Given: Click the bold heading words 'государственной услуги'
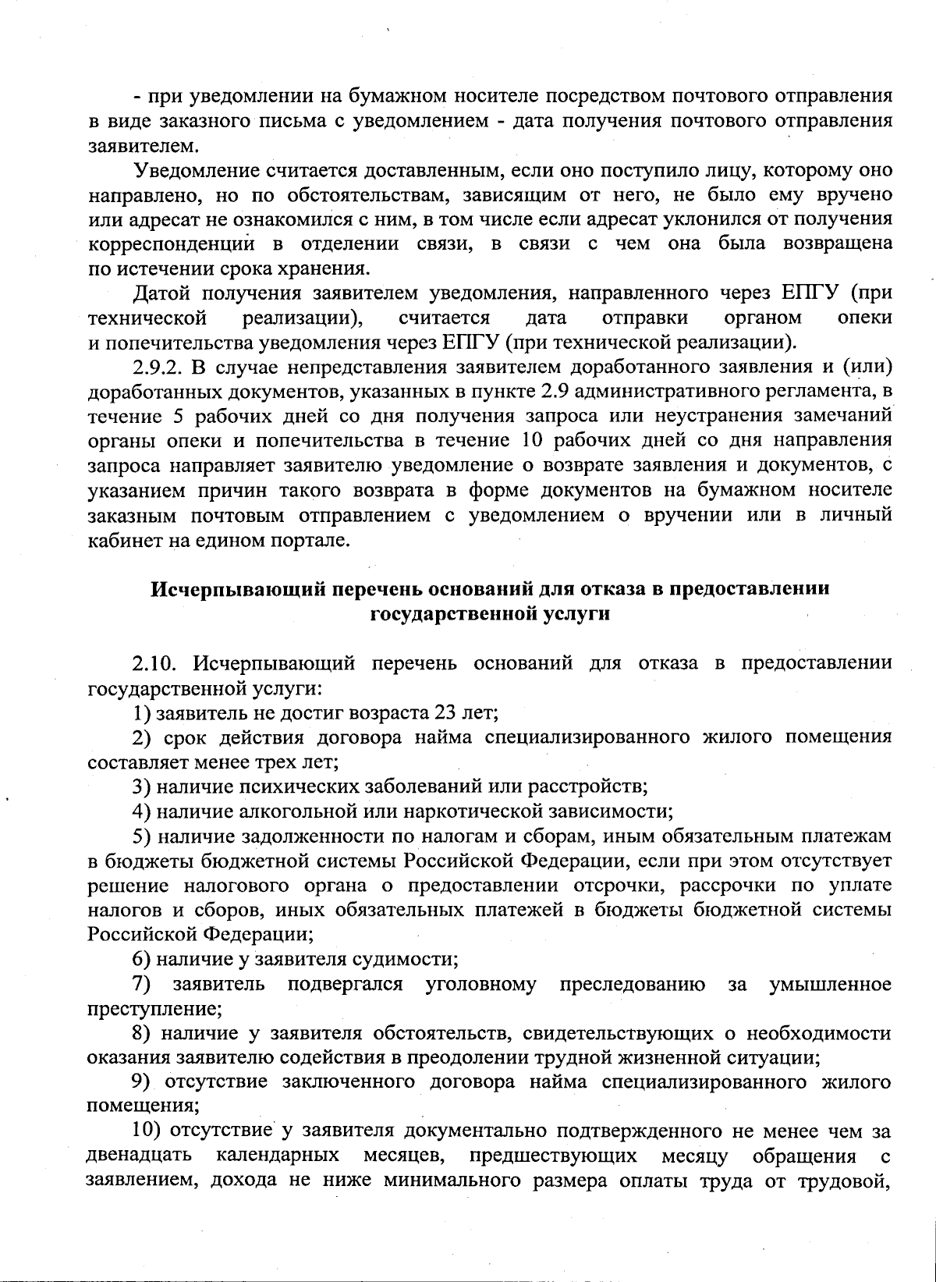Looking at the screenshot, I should (489, 613).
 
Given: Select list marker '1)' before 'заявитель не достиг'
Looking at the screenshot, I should (141, 712).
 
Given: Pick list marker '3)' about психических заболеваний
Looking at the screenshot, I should (141, 787).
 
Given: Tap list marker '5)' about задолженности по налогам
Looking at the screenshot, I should (141, 836).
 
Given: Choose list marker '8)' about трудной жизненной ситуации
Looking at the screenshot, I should (141, 1034).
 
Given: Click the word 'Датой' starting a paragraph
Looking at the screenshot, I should (161, 293).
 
